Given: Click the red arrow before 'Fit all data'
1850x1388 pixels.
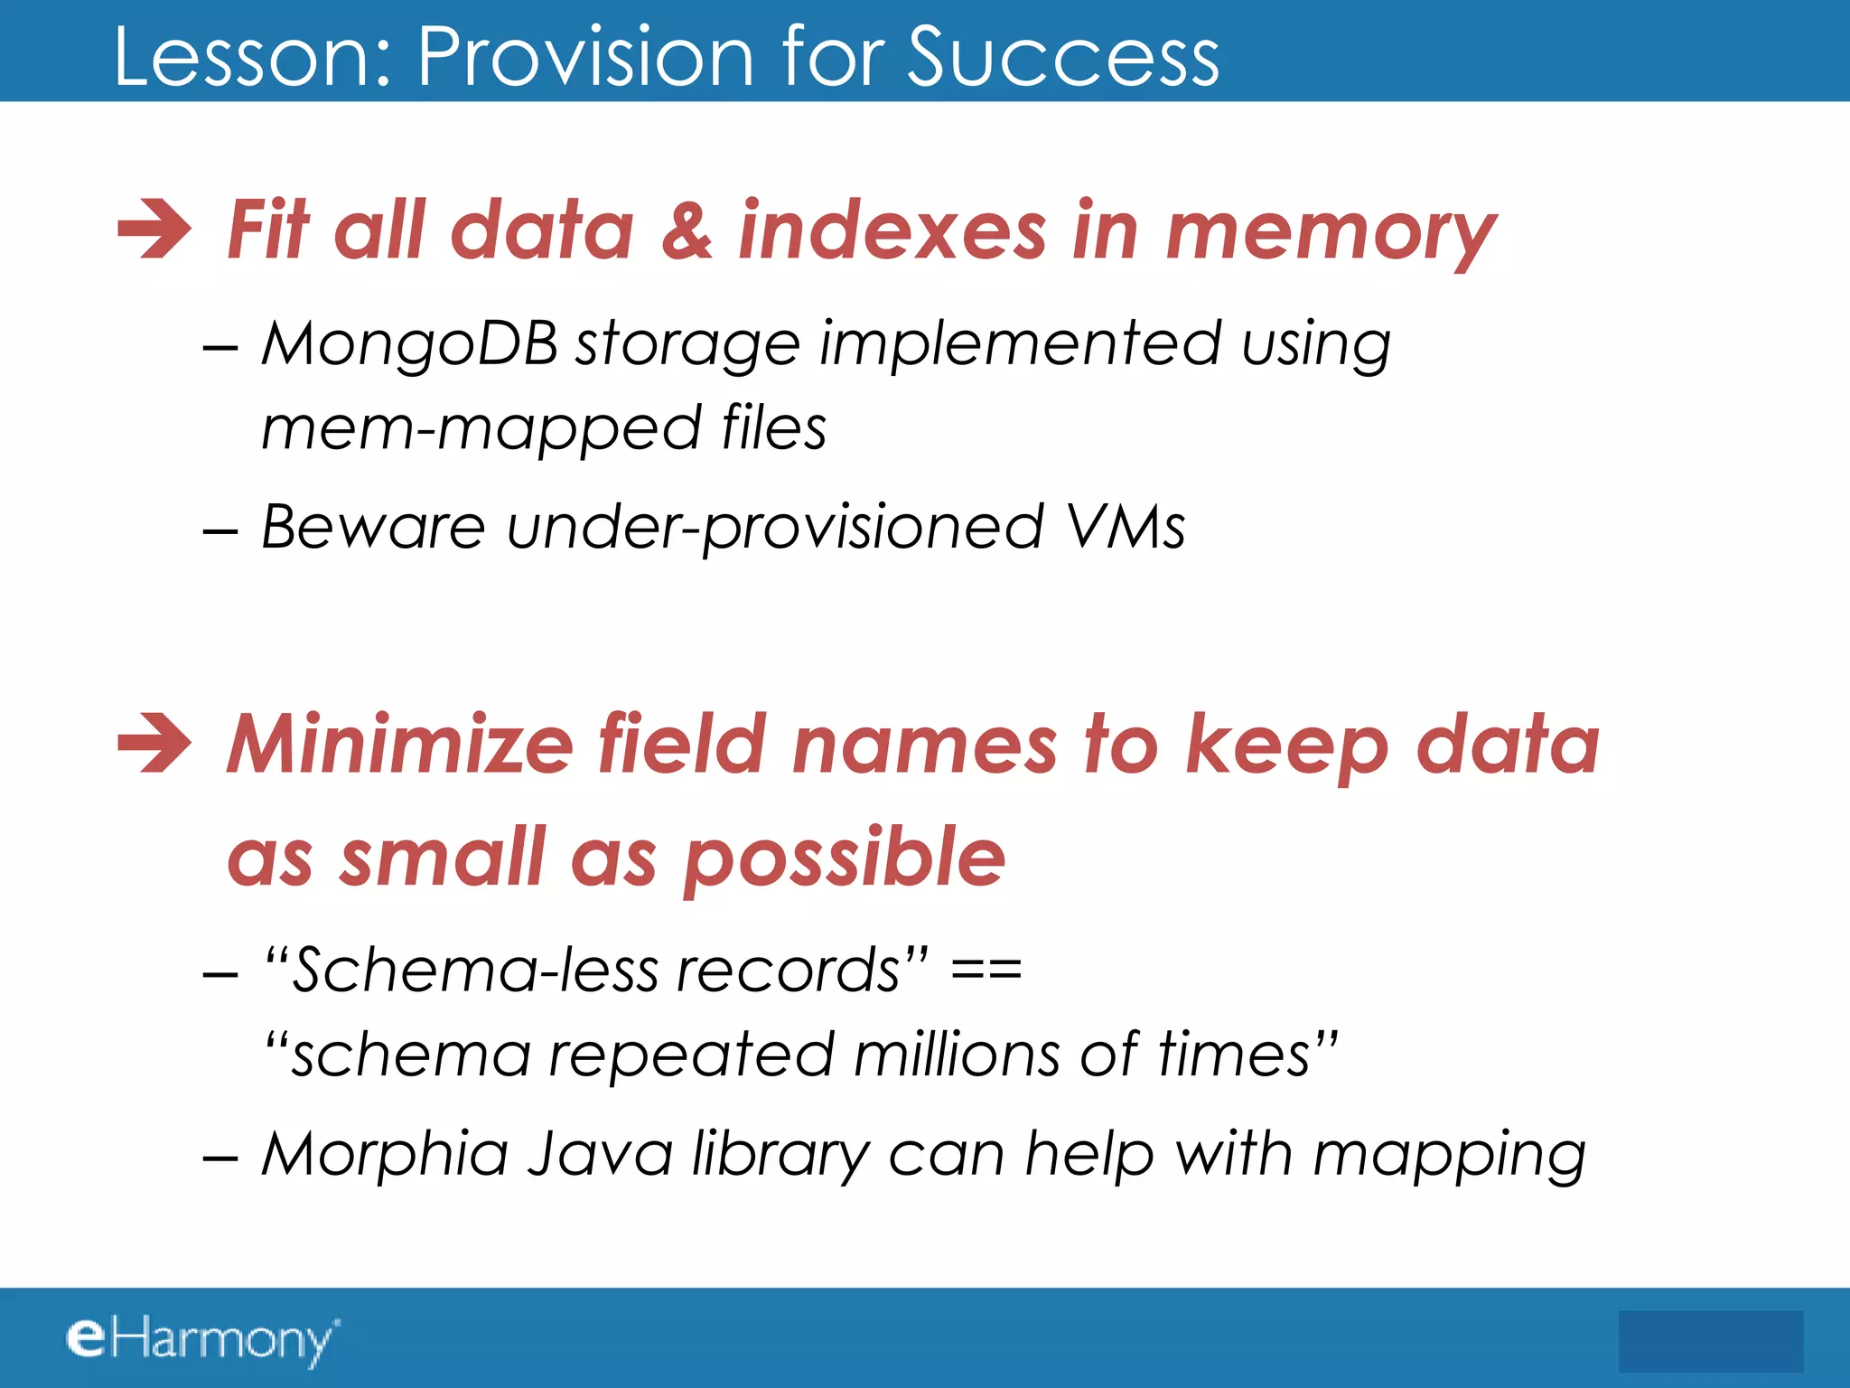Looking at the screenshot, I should [154, 230].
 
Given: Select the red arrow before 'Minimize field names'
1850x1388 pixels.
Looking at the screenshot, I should [154, 744].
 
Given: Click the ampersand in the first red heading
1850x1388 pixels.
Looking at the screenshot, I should [687, 231].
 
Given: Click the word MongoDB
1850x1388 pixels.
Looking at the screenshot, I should [409, 345].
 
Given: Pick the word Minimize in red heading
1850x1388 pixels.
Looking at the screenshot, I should [399, 746].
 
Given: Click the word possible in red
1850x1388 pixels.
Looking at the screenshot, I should [844, 858].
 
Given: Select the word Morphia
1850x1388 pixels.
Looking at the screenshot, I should [385, 1156].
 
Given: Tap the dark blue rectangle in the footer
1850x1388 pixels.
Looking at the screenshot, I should [1710, 1341].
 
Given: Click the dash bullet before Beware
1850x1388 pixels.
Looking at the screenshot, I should [220, 530].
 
